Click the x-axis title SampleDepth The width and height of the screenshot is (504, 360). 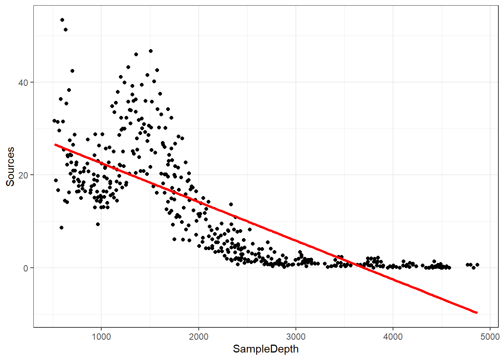pos(265,349)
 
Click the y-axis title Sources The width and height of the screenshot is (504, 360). pos(10,166)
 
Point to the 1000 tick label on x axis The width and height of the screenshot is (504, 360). pos(101,337)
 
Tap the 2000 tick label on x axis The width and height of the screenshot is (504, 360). pos(198,337)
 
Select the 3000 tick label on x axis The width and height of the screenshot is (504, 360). pos(296,337)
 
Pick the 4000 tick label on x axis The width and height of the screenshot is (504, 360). pos(393,337)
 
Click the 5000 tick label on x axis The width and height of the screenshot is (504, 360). pos(490,337)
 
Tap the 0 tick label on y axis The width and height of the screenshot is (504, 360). pos(25,268)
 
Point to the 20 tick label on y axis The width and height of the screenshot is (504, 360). pos(23,175)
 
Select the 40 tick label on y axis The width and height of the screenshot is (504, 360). pos(23,82)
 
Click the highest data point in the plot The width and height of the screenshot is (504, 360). pos(62,20)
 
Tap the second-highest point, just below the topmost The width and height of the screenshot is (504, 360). pos(66,30)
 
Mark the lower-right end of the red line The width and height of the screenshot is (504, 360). pos(477,312)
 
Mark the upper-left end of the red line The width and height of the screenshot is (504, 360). pos(55,144)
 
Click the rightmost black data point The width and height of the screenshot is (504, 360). pos(477,265)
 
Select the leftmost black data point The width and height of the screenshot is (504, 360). pos(54,121)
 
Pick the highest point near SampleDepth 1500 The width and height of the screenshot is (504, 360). pos(151,51)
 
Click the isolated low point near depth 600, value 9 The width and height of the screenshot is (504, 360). pos(61,228)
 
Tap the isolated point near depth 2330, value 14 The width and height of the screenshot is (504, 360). pos(231,204)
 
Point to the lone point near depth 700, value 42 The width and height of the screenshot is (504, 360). pos(72,71)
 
